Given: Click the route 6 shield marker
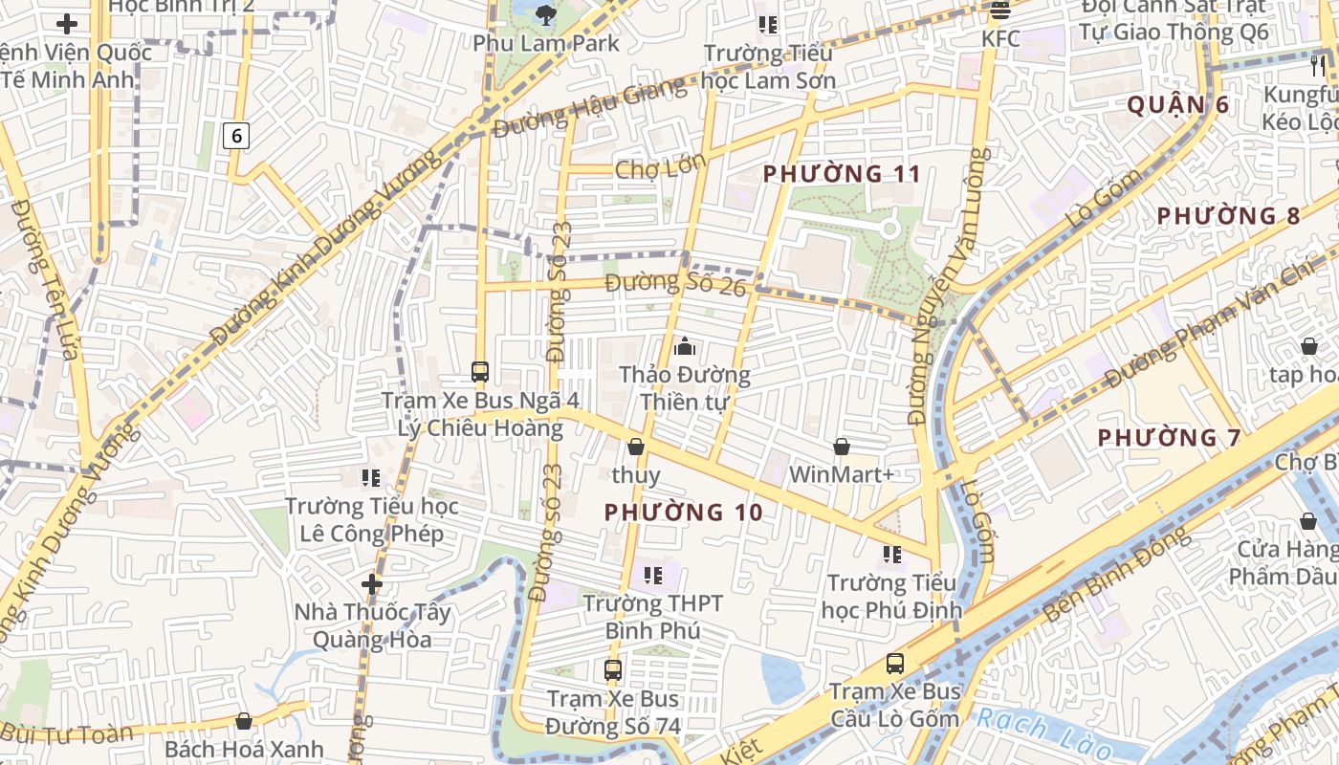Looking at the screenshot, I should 236,137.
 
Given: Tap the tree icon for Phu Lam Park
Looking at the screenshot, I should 546,13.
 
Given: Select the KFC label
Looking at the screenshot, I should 1000,39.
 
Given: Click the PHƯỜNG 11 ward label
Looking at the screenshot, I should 842,174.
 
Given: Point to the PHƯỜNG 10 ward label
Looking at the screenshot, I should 684,513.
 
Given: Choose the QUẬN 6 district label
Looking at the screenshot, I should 1177,105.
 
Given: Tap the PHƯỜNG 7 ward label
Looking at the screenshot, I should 1169,438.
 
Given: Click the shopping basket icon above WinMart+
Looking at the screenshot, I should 842,447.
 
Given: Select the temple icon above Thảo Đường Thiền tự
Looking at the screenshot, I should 685,346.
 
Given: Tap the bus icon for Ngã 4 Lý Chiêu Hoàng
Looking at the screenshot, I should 480,372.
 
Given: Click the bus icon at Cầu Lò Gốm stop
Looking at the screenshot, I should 895,663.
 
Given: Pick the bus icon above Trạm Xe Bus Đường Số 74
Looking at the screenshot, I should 613,670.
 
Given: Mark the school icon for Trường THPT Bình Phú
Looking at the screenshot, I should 653,576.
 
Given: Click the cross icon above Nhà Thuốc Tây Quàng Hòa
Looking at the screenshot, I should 372,583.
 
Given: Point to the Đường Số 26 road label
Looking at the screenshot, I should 675,284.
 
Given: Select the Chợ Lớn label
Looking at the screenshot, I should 660,168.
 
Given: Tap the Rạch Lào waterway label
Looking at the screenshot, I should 1038,732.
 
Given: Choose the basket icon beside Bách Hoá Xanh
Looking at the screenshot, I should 244,721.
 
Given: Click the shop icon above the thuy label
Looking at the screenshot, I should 636,447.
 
